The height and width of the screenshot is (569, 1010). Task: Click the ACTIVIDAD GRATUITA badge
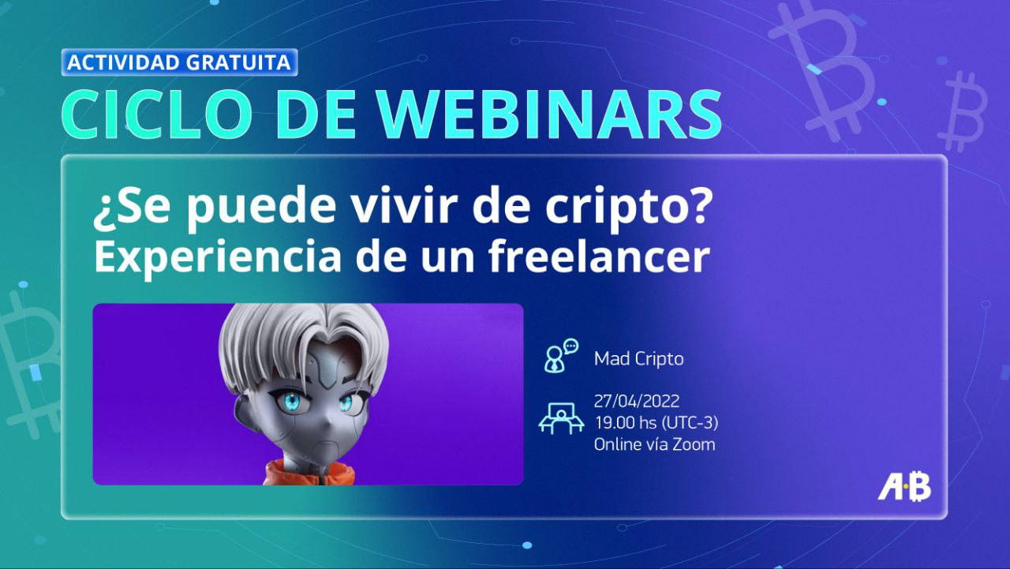tap(179, 62)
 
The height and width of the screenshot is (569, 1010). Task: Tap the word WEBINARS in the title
tap(550, 115)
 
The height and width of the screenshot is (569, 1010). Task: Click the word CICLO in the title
tap(156, 115)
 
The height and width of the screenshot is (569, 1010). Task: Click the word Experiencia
tap(217, 258)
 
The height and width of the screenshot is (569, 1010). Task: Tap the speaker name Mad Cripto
tap(638, 359)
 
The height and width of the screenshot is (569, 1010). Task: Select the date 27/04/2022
tap(637, 401)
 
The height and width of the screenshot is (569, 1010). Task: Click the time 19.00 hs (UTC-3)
tap(656, 423)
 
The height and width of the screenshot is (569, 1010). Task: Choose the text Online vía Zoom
tap(655, 444)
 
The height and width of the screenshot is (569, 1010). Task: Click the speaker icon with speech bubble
tap(560, 356)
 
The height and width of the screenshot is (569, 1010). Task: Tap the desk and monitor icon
tap(561, 418)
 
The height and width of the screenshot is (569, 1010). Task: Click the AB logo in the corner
tap(904, 487)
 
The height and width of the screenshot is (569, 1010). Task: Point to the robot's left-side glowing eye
tap(291, 401)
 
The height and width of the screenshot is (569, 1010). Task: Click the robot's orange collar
tap(309, 473)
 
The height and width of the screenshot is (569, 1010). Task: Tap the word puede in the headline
tap(261, 210)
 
